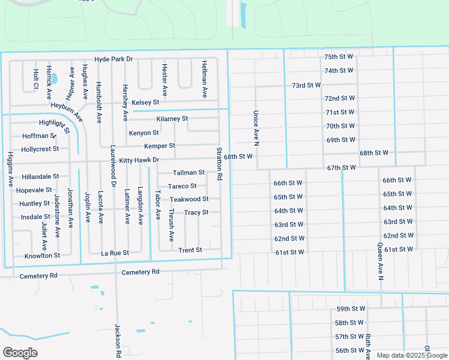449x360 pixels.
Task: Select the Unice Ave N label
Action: tap(255, 128)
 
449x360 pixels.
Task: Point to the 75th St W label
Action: tap(339, 56)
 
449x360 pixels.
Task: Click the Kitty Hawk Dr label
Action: tap(139, 160)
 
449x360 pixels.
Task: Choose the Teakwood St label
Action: tap(189, 199)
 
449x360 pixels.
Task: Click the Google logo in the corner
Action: tap(20, 353)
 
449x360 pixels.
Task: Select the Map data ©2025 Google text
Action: tap(411, 355)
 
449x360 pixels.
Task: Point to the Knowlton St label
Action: tap(42, 256)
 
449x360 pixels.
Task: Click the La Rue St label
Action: tap(115, 253)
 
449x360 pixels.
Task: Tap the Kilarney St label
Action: tap(172, 119)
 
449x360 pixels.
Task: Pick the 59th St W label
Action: tap(351, 309)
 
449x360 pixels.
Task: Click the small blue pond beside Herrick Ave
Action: tap(54, 78)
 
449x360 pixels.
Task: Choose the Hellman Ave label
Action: tap(205, 79)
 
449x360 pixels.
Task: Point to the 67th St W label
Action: tap(342, 168)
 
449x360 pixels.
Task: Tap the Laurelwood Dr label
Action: tap(112, 166)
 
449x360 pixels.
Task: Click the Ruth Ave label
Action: tap(368, 347)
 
